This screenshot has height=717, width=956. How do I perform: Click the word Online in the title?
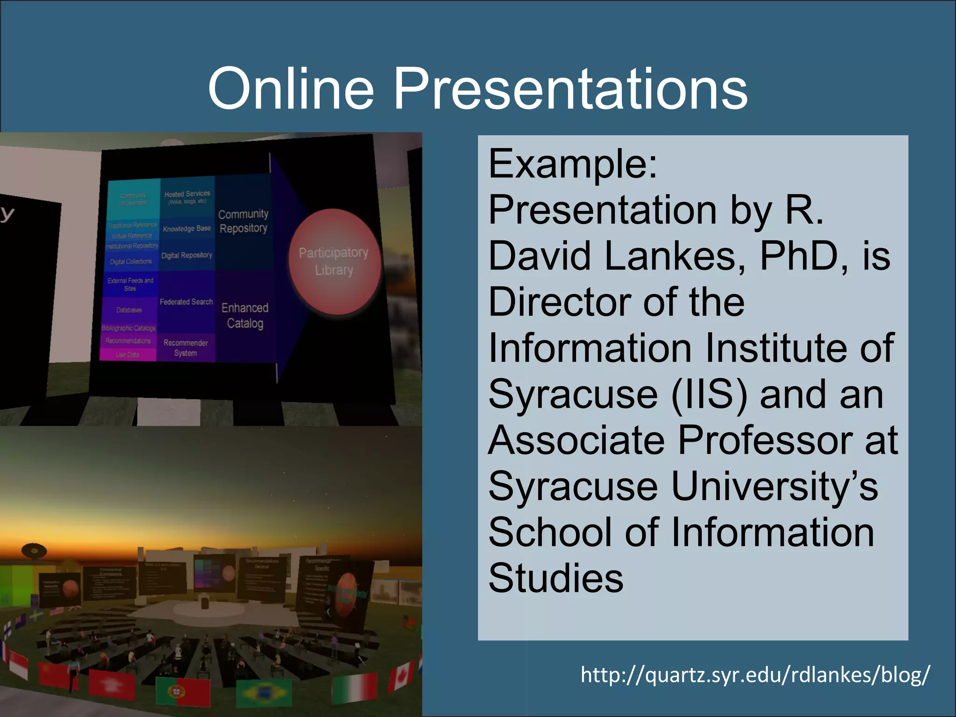(x=291, y=88)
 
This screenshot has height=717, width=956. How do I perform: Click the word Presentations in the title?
(x=570, y=88)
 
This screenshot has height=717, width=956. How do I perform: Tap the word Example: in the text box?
(x=573, y=164)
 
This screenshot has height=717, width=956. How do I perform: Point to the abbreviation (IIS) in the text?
(x=709, y=394)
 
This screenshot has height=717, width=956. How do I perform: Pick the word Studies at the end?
(x=555, y=578)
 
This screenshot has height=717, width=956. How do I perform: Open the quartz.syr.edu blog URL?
(x=755, y=675)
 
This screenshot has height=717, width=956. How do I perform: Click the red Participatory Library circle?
(x=334, y=261)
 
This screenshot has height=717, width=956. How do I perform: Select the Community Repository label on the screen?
(x=243, y=221)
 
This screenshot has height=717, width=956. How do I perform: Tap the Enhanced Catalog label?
(x=245, y=316)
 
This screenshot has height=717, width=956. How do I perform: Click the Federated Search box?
(x=186, y=302)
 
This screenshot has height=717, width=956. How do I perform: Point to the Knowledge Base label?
(x=187, y=229)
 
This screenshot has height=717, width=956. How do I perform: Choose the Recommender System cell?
(x=186, y=348)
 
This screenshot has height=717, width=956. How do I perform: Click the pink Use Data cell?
(x=127, y=355)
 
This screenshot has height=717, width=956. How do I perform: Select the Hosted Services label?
(x=187, y=197)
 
